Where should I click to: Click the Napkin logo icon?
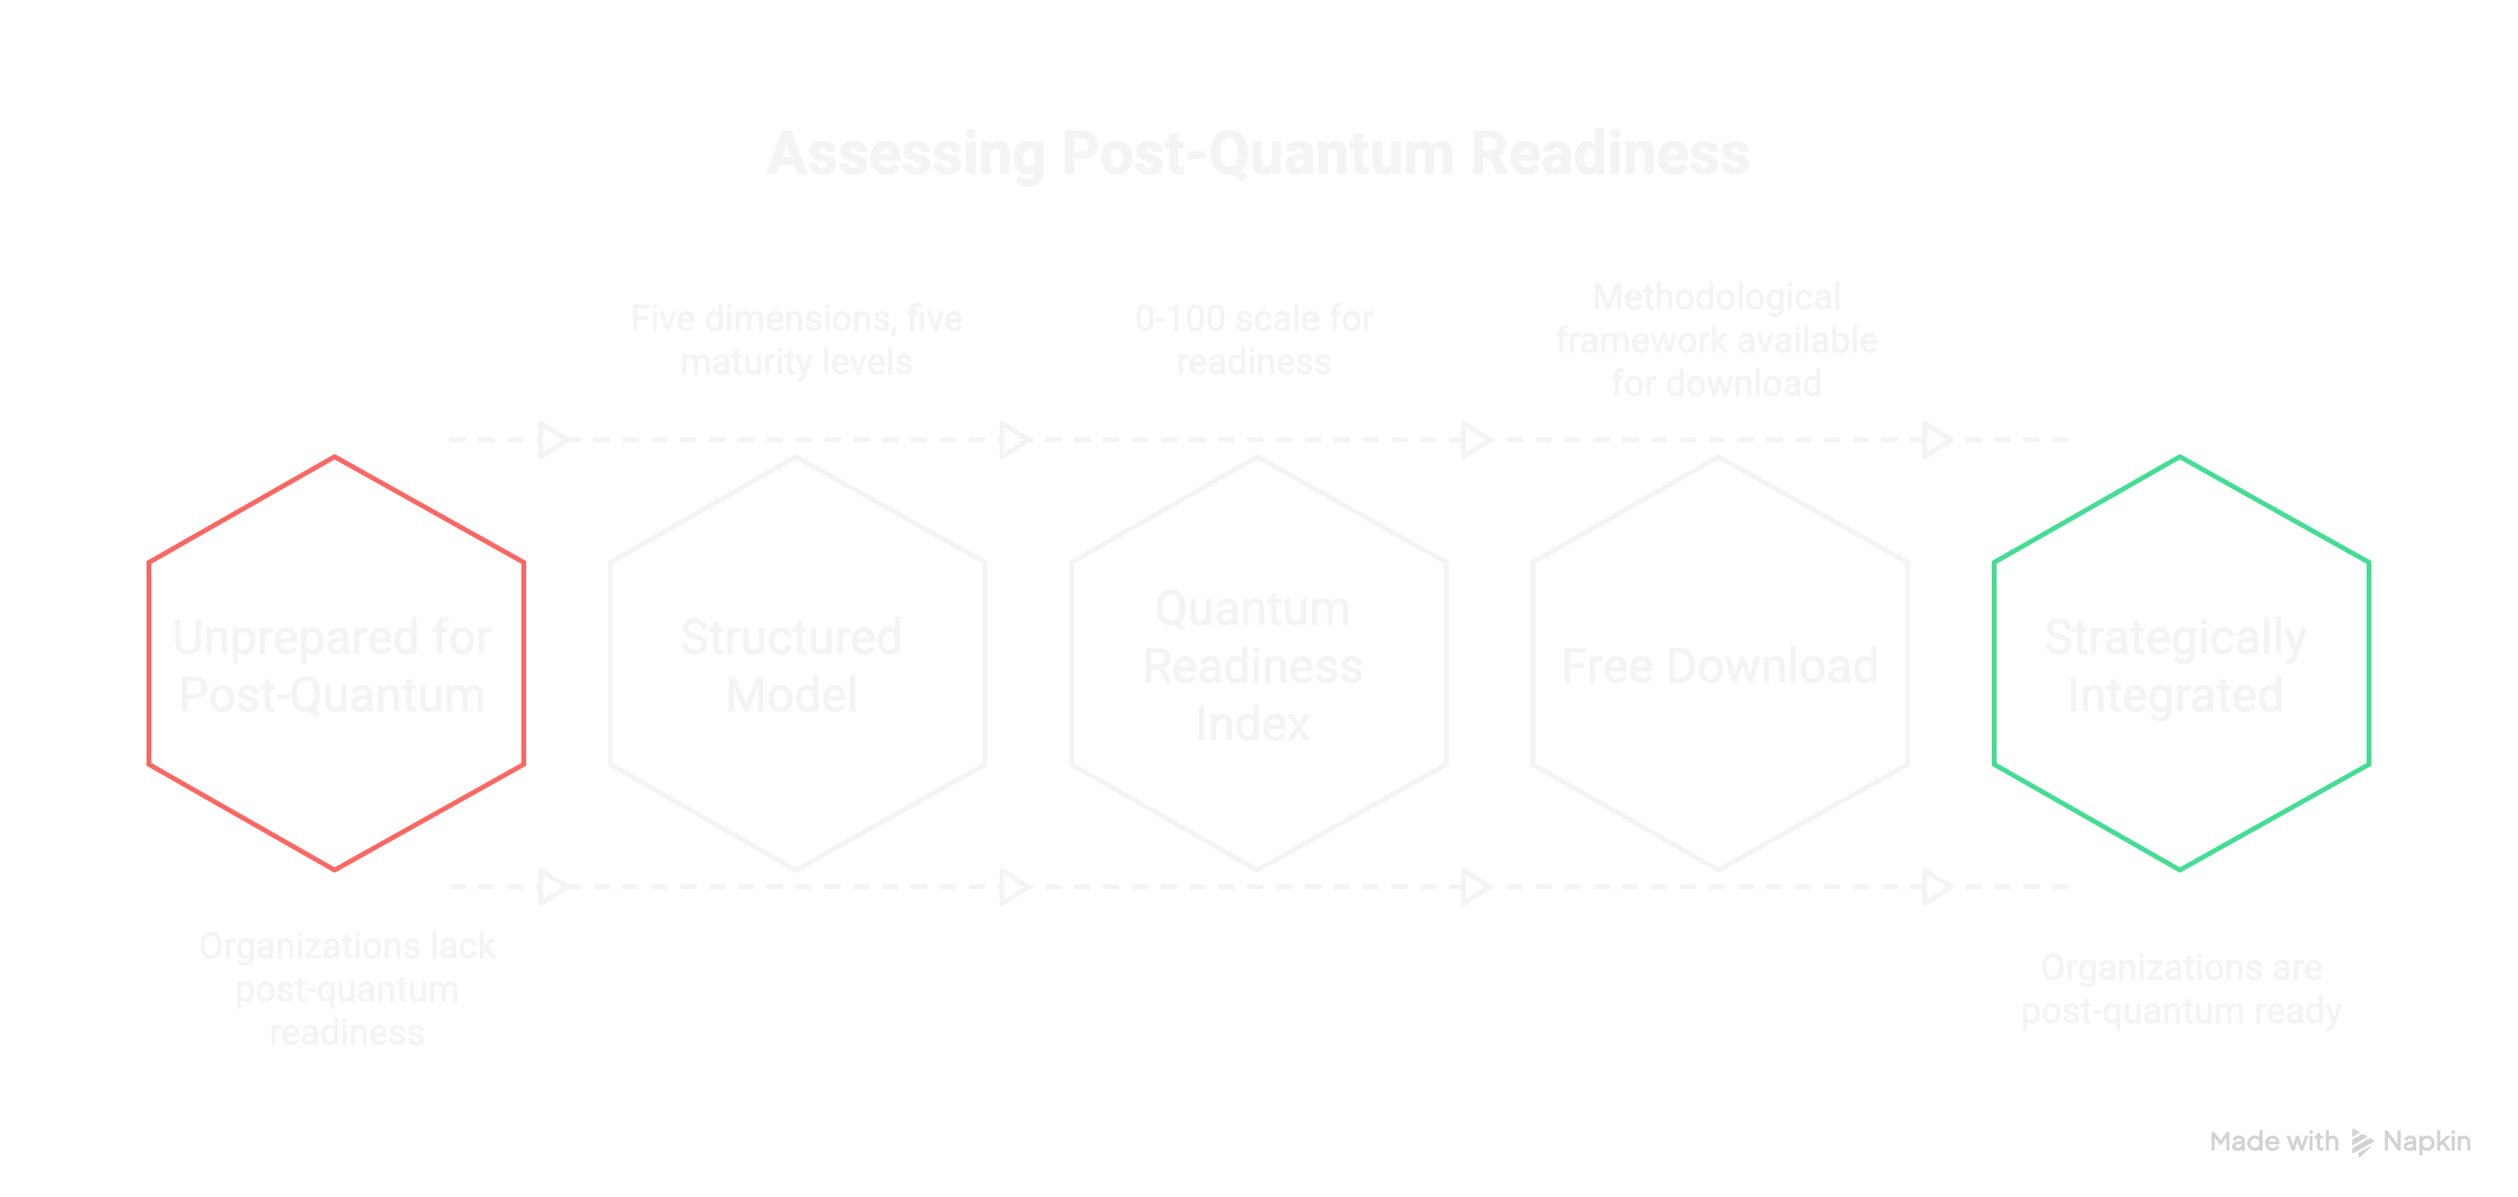pyautogui.click(x=2362, y=1143)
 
